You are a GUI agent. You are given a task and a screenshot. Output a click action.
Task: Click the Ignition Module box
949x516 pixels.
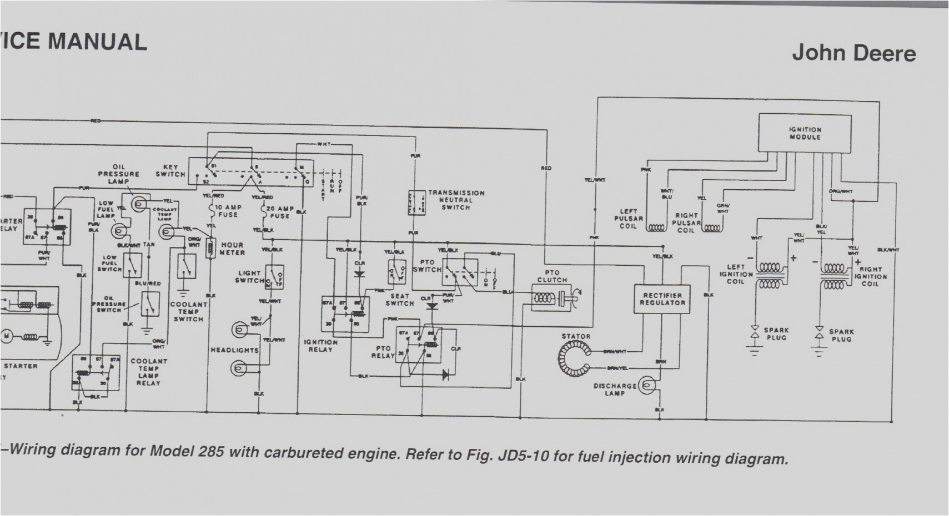pyautogui.click(x=805, y=133)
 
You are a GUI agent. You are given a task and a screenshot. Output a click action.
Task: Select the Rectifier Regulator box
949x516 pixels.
pyautogui.click(x=662, y=299)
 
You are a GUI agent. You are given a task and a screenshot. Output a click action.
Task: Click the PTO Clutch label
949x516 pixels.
pyautogui.click(x=552, y=276)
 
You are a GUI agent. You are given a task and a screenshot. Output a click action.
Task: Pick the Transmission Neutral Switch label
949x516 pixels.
pyautogui.click(x=455, y=200)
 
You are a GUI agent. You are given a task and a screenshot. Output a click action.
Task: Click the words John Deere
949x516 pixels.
pyautogui.click(x=853, y=53)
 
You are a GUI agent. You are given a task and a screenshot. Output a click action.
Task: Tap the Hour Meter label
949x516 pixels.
pyautogui.click(x=233, y=249)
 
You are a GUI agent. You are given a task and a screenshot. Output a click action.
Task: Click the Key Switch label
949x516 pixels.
pyautogui.click(x=170, y=170)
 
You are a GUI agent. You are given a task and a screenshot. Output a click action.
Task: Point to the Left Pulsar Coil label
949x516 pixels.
pyautogui.click(x=628, y=219)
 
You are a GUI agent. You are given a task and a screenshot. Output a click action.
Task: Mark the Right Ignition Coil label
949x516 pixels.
pyautogui.click(x=870, y=276)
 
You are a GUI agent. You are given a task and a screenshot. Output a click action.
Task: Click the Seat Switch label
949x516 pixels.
pyautogui.click(x=399, y=300)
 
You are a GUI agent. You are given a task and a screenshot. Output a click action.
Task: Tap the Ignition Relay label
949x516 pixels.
pyautogui.click(x=320, y=346)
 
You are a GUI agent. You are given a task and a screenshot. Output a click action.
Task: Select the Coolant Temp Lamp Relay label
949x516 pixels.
pyautogui.click(x=148, y=372)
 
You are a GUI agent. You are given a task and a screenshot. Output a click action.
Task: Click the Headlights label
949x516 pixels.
pyautogui.click(x=234, y=351)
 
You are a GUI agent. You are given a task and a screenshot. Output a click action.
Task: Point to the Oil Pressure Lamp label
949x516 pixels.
pyautogui.click(x=118, y=174)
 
